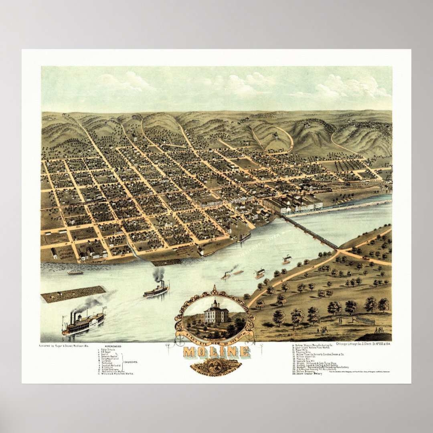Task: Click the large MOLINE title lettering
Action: coord(216,352)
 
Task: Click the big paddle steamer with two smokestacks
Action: coord(83,322)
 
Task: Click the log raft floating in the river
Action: coord(73,293)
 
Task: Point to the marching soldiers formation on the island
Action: coord(365,320)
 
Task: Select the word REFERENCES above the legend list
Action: coord(113,346)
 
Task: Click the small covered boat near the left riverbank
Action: coord(75,272)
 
